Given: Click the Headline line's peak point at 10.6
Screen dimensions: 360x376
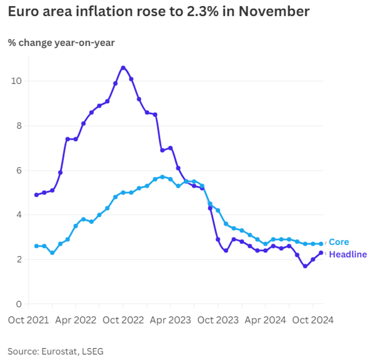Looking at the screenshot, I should [123, 68].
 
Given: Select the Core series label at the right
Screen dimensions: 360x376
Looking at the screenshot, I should [338, 242].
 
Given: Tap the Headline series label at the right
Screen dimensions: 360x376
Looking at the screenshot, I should [348, 255].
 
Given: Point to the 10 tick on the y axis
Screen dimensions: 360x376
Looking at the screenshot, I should [15, 81].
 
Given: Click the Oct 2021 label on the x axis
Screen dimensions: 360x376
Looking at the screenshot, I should [29, 320].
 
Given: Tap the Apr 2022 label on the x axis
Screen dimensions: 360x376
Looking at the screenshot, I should [76, 320].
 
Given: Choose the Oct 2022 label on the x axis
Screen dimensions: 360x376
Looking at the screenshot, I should [123, 320].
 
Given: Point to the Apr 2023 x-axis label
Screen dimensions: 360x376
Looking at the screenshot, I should [170, 320].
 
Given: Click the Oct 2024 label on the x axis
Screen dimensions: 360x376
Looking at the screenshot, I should [313, 320].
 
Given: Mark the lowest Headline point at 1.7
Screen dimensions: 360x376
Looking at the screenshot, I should [305, 266].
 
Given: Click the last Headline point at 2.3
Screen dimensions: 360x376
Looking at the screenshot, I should [321, 253].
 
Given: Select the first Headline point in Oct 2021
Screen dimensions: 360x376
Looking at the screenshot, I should [36, 195].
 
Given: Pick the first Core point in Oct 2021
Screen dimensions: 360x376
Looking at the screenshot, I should [36, 246].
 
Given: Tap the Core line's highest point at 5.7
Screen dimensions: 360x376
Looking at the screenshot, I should [163, 177].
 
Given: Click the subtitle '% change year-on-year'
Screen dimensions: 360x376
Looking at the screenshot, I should [61, 43].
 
